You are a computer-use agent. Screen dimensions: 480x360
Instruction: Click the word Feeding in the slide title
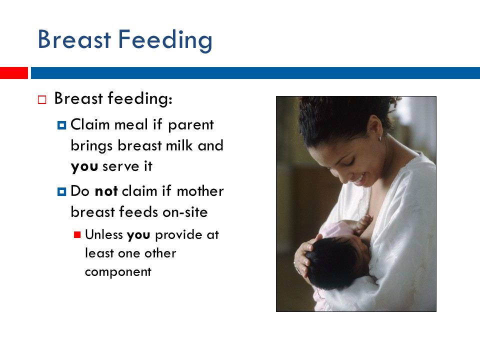point(165,40)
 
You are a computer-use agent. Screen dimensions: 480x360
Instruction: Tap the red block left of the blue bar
point(14,73)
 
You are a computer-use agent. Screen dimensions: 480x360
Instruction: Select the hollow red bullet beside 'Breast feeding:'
point(42,100)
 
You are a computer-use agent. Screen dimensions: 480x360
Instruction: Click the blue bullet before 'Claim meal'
point(61,125)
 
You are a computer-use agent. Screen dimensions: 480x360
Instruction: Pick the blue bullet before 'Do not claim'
point(61,192)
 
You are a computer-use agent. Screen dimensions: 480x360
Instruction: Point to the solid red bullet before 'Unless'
point(77,235)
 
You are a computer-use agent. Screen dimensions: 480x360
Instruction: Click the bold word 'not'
point(106,191)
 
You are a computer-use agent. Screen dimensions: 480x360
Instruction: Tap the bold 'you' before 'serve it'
point(84,167)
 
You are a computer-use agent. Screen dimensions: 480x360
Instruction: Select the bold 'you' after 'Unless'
point(138,235)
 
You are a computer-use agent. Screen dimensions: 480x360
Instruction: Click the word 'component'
point(118,272)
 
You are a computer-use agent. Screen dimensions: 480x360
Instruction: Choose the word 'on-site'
point(185,212)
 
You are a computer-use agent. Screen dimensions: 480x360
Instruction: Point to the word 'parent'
point(190,125)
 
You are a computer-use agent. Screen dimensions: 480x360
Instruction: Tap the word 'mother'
point(200,191)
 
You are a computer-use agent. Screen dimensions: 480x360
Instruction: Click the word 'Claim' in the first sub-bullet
point(90,124)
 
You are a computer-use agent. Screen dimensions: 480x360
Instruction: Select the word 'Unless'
point(104,234)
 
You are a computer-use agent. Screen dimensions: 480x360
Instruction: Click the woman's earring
point(380,138)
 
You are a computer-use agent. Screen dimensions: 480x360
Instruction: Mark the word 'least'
point(99,253)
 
